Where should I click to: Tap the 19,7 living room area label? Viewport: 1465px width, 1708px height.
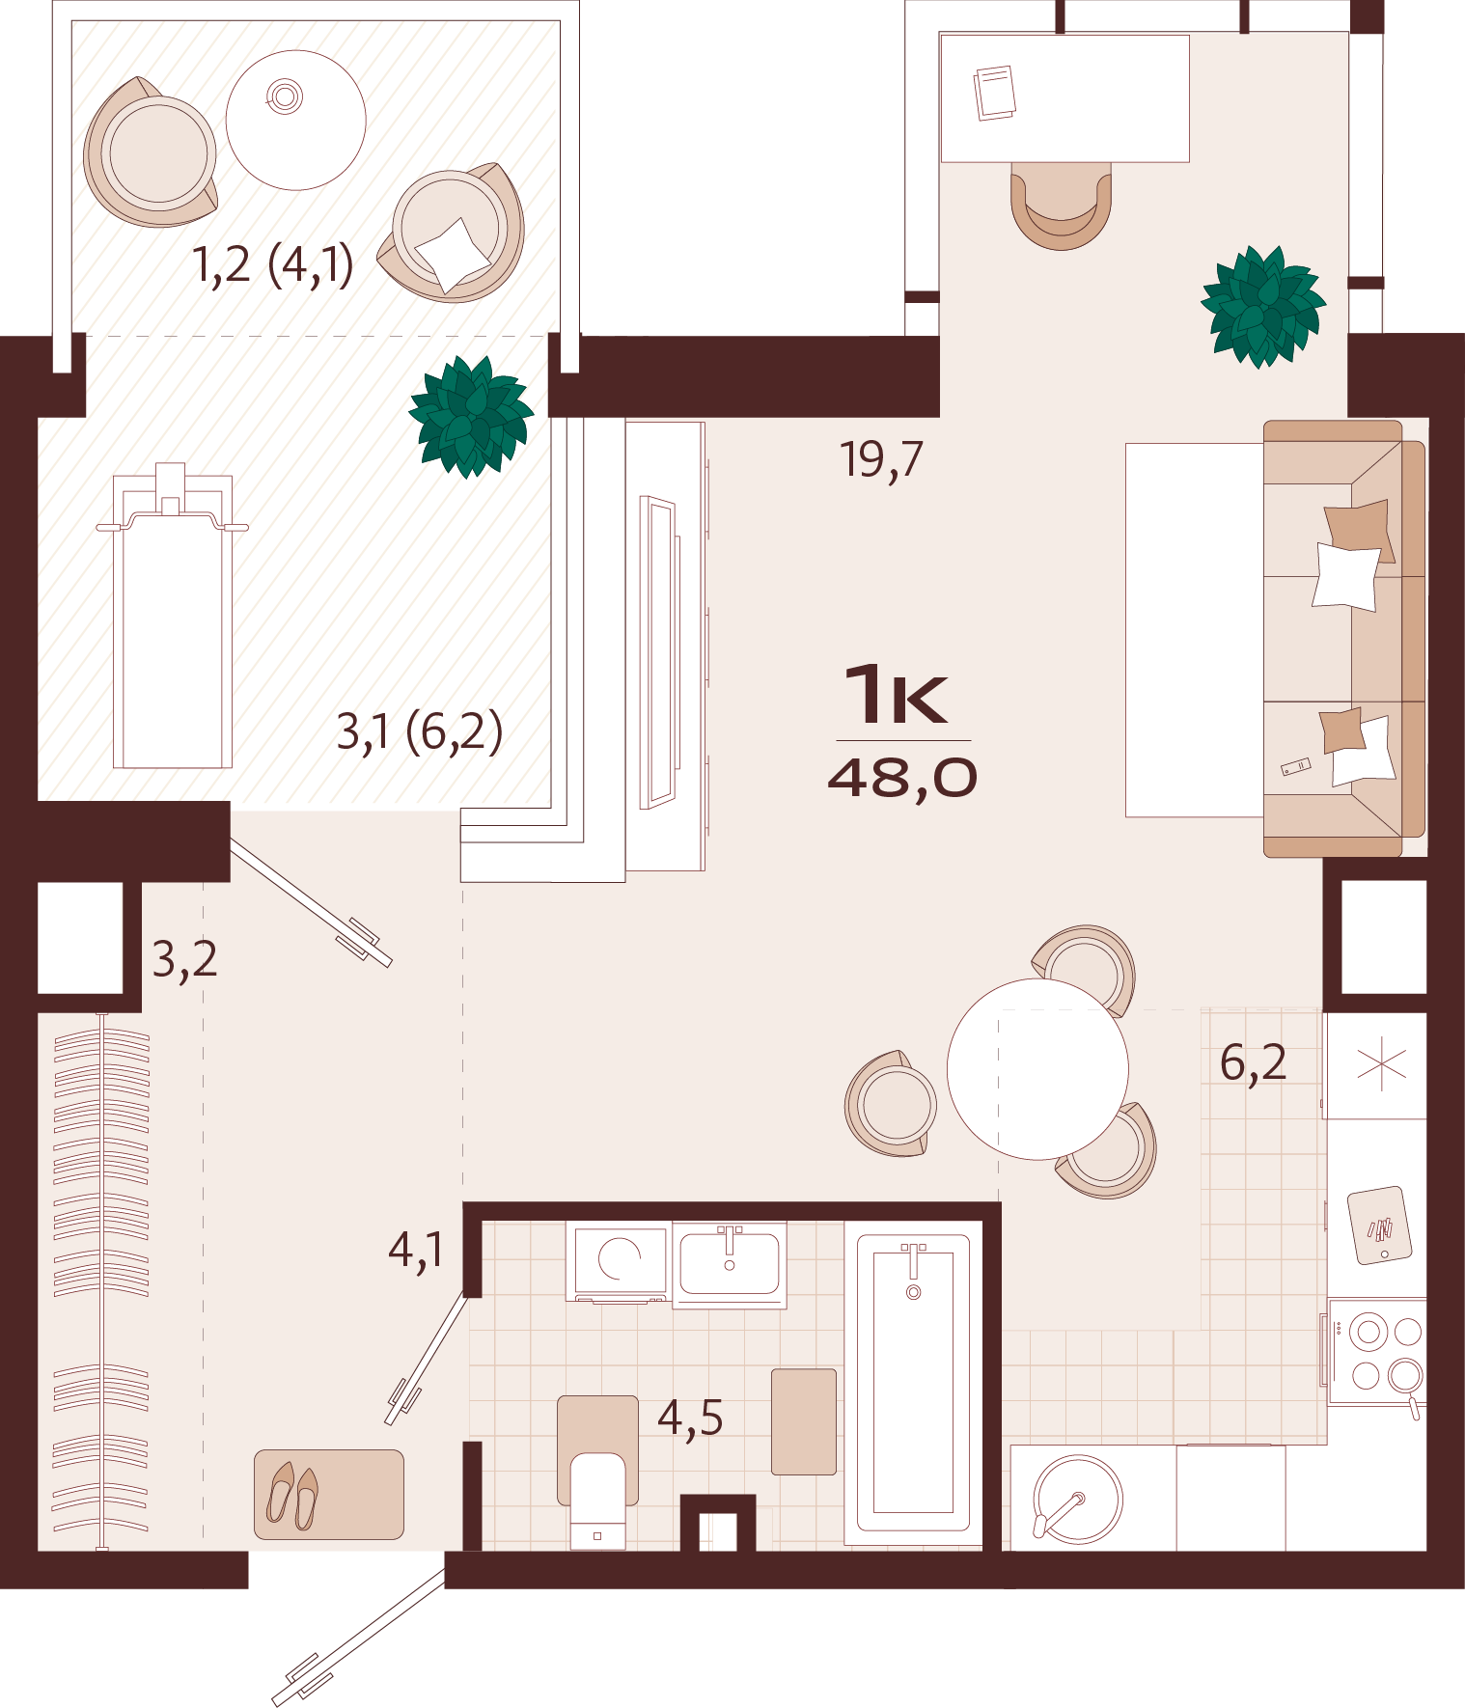pos(881,459)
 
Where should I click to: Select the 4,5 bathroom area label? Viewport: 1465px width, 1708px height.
pos(690,1419)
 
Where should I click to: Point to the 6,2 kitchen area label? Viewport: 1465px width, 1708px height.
pos(1253,1062)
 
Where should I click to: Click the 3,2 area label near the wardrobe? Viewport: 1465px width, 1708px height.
pos(184,959)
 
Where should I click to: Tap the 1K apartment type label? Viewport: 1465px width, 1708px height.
pos(897,694)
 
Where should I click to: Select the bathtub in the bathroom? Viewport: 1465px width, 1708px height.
pos(913,1381)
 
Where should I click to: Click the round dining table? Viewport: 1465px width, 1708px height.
pos(1037,1068)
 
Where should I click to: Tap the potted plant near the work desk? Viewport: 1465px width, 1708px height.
pos(1262,306)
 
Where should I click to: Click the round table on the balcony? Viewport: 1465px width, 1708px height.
pos(296,120)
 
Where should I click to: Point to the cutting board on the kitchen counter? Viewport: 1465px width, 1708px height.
pos(1379,1226)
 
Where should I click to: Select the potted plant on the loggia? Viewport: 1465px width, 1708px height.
pos(471,416)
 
